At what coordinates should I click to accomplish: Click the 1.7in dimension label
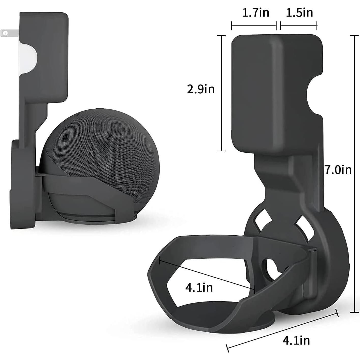[x=255, y=13]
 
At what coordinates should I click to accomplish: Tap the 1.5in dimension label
[x=299, y=13]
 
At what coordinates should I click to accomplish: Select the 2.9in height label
[x=200, y=89]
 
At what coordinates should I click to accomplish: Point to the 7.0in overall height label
[x=338, y=170]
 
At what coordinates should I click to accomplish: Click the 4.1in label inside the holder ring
[x=199, y=287]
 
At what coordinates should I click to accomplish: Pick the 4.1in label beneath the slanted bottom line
[x=296, y=340]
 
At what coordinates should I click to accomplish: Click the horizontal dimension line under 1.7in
[x=254, y=26]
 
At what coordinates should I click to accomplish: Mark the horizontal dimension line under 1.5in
[x=299, y=26]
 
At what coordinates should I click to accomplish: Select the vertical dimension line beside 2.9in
[x=221, y=93]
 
